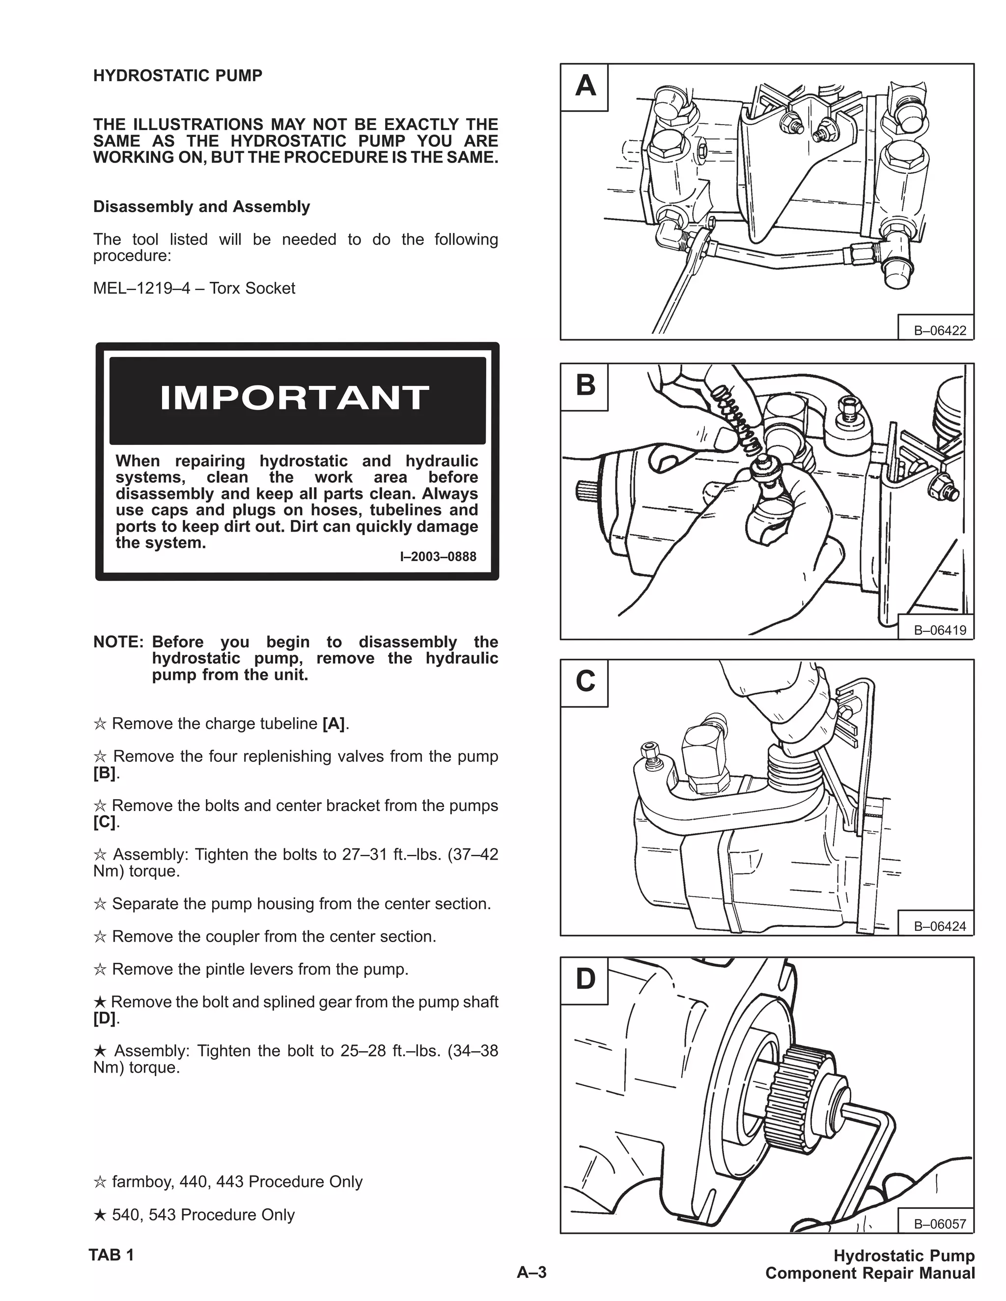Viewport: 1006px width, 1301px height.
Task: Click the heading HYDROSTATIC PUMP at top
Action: click(178, 76)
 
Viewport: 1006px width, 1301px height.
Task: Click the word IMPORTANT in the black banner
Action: click(294, 399)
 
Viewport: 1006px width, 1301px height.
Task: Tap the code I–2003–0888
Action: click(438, 556)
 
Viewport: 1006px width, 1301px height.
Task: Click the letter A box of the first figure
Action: click(585, 87)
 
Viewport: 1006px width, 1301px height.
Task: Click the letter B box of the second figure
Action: click(585, 386)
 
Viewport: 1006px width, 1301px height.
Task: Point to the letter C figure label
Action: click(585, 682)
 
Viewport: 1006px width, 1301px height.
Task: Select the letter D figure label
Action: click(585, 979)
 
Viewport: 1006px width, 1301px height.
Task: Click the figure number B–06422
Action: click(940, 330)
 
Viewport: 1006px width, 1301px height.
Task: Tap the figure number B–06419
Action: click(940, 630)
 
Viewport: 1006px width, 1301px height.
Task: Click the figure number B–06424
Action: click(940, 926)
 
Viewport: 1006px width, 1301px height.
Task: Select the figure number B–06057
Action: click(940, 1223)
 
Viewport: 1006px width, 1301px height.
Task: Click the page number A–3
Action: click(531, 1273)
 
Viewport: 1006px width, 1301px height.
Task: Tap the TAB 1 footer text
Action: click(112, 1255)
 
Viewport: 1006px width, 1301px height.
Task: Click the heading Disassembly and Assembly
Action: click(201, 207)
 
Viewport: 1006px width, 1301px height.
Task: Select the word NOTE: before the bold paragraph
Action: click(118, 642)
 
